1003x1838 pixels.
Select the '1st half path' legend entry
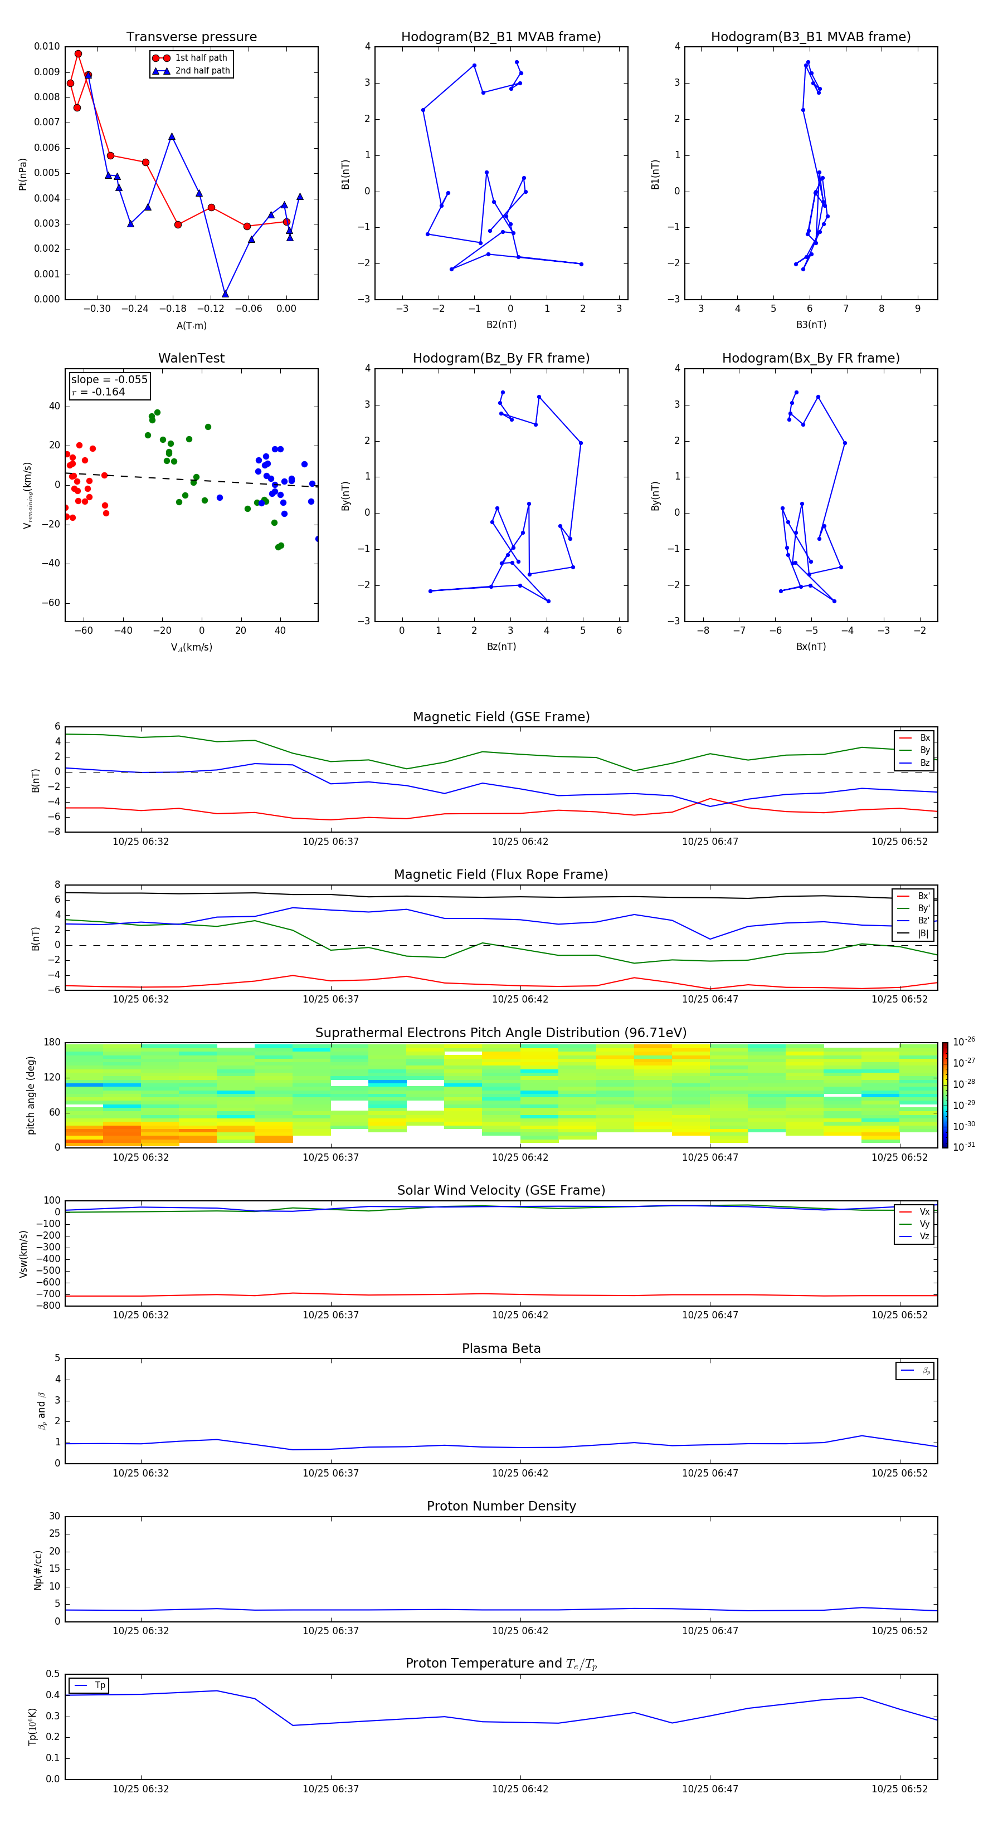[201, 58]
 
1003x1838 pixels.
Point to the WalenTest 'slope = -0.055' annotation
[109, 380]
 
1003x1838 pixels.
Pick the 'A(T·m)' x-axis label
[191, 326]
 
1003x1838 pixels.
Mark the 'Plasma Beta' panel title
[500, 1348]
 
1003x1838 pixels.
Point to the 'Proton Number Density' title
[500, 1506]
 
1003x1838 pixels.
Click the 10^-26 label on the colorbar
[964, 1042]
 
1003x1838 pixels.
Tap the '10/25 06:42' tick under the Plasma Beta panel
[520, 1473]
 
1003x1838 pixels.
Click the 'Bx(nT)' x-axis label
[810, 647]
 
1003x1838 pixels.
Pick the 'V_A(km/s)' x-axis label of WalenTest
[191, 647]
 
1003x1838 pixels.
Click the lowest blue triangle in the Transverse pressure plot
[225, 294]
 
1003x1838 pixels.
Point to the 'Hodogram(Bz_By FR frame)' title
[500, 358]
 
